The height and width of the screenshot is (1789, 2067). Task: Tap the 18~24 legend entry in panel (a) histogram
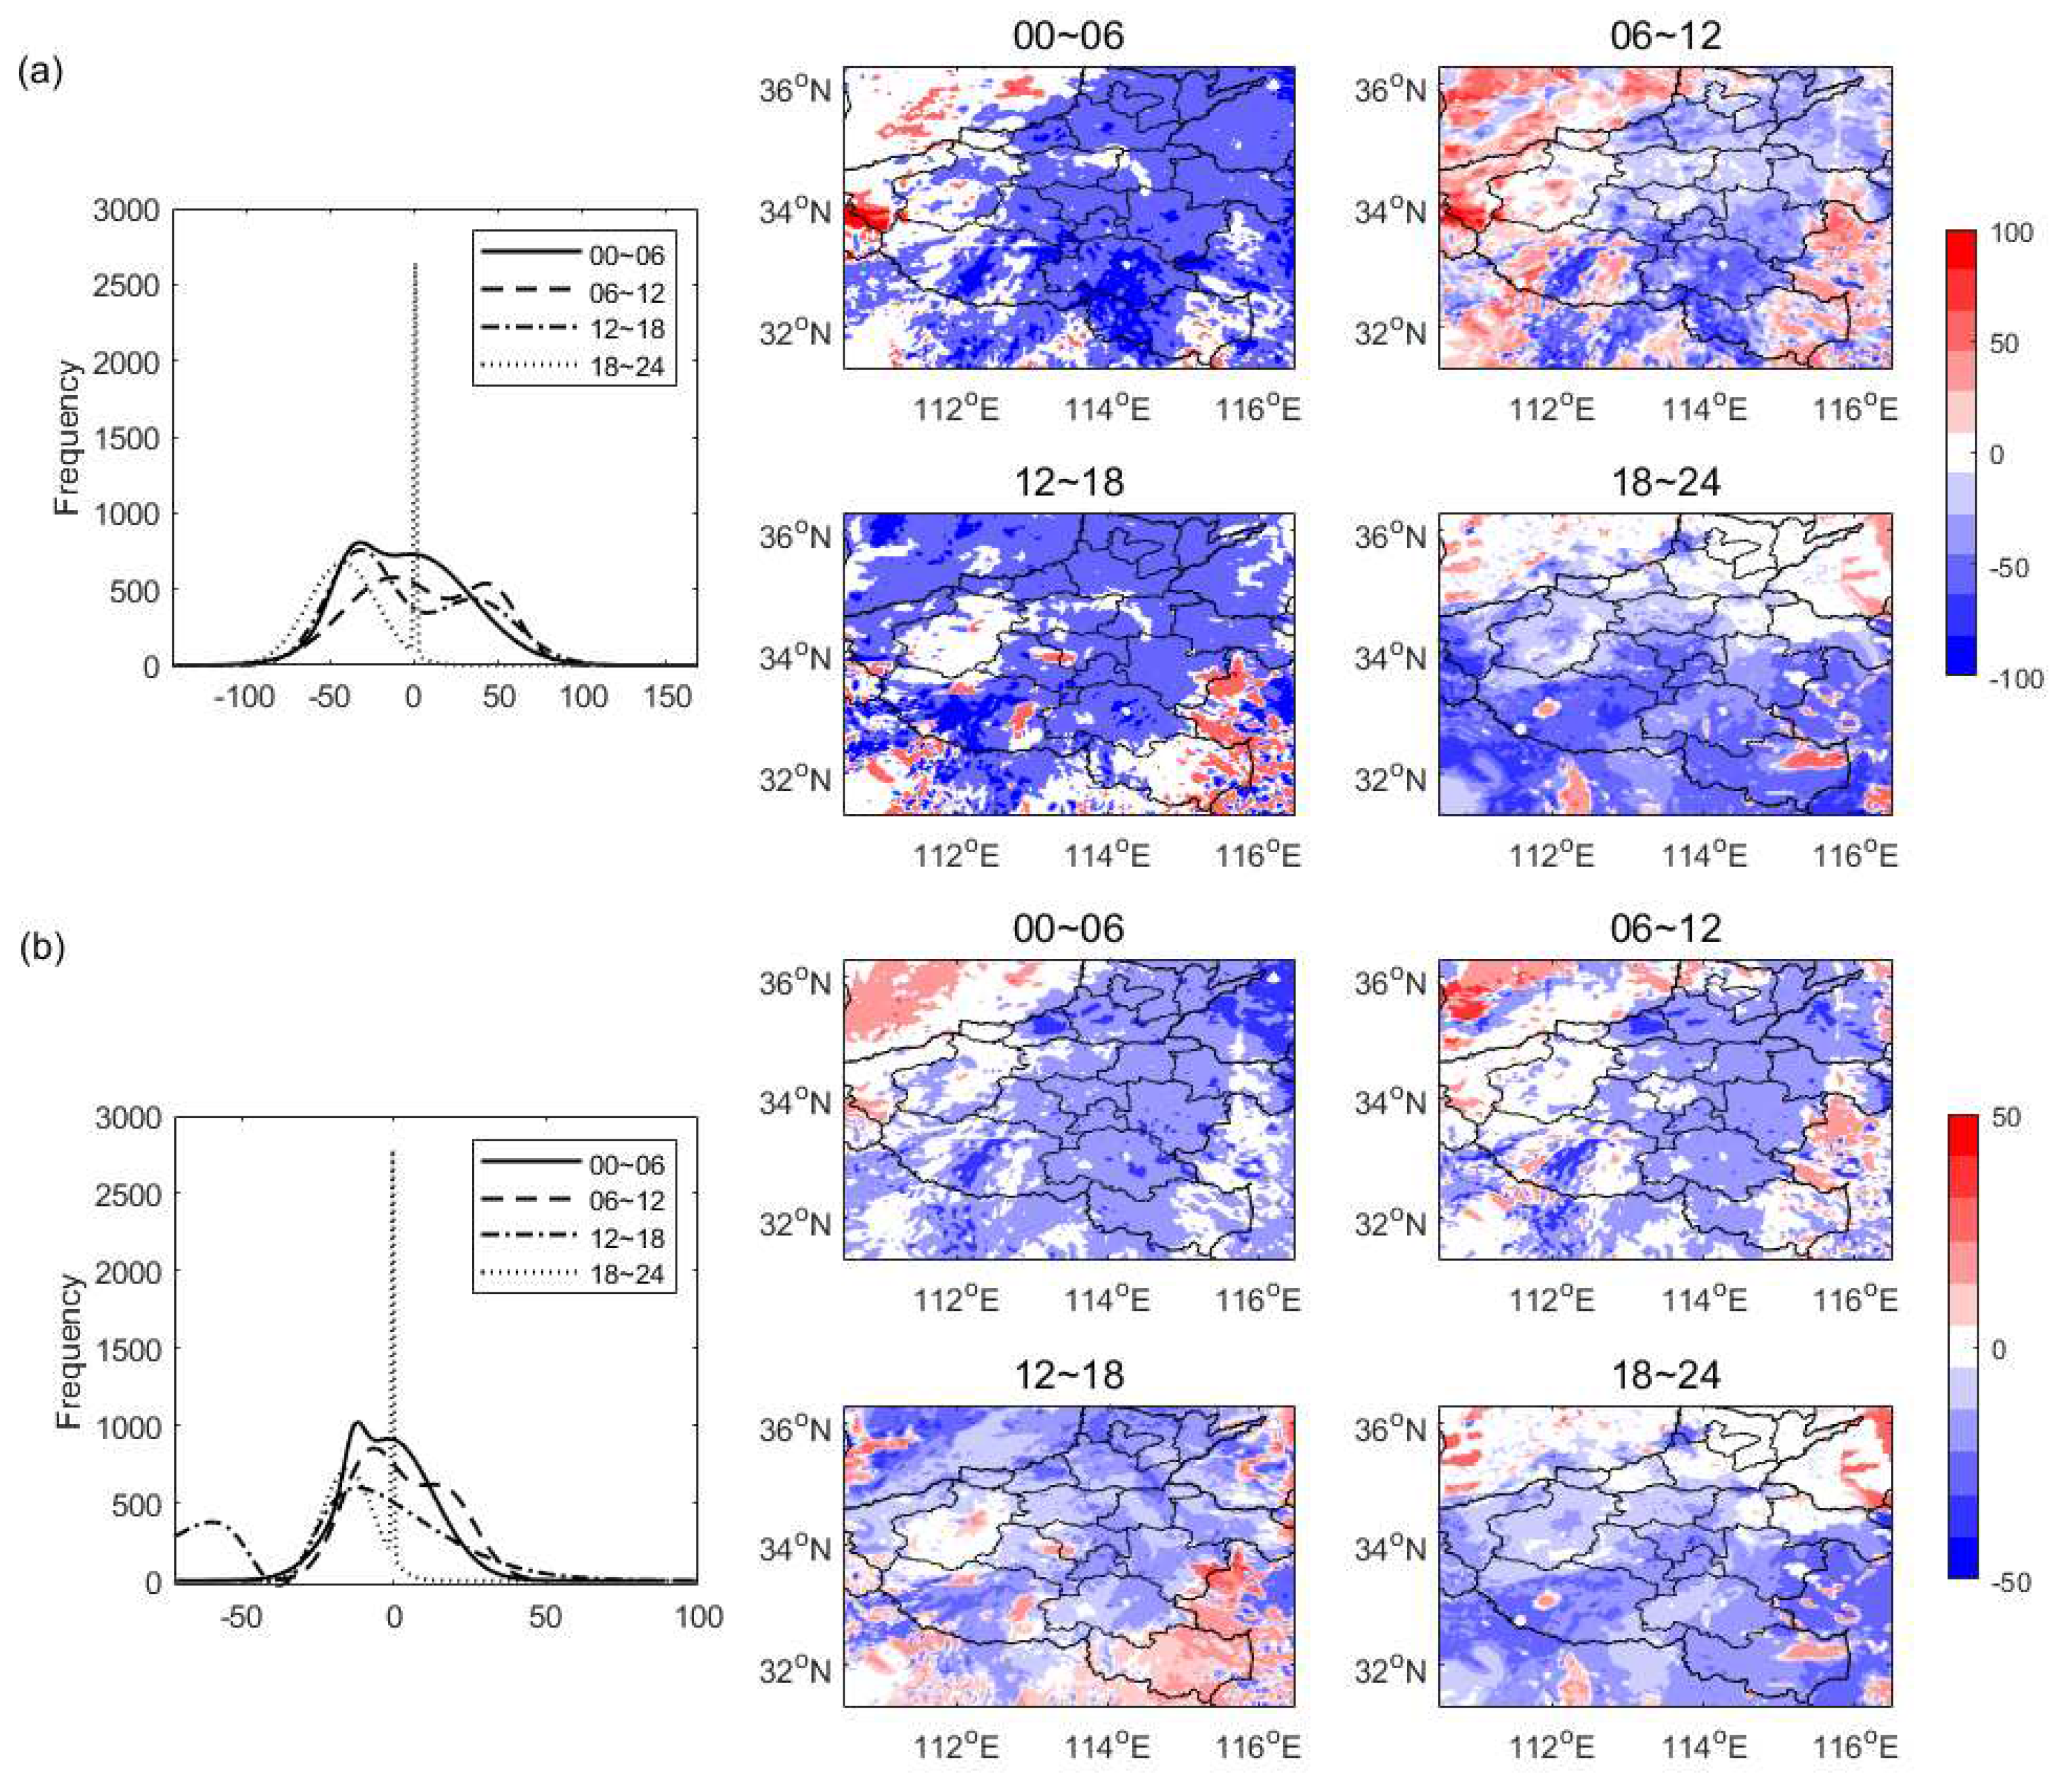[626, 366]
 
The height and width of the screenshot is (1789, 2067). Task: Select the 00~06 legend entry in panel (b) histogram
[626, 1164]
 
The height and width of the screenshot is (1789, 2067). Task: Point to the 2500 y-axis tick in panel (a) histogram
[126, 285]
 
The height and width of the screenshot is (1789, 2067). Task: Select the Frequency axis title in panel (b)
[68, 1351]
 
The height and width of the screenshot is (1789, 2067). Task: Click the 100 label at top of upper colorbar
[2011, 232]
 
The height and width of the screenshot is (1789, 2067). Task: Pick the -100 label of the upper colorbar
[2016, 680]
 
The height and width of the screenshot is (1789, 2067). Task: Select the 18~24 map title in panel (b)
[1666, 1376]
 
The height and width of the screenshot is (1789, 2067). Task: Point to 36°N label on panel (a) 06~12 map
[1390, 90]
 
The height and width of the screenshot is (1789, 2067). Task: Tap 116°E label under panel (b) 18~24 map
[1854, 1747]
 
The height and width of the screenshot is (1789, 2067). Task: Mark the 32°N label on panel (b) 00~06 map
[795, 1223]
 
